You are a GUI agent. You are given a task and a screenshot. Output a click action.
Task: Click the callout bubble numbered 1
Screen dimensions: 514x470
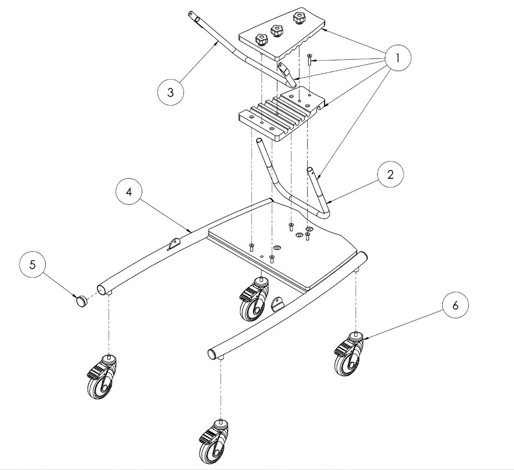pyautogui.click(x=398, y=59)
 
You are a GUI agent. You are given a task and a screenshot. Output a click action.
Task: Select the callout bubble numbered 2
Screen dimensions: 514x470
pyautogui.click(x=390, y=174)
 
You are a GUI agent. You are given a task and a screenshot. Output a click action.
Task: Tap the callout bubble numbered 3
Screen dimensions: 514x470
pyautogui.click(x=170, y=92)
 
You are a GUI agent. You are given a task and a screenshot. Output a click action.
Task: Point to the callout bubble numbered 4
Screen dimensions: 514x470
pyautogui.click(x=129, y=192)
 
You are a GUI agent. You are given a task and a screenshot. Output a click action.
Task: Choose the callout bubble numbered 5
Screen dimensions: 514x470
pyautogui.click(x=32, y=264)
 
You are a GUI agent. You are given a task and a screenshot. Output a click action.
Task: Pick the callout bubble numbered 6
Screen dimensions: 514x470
pyautogui.click(x=455, y=305)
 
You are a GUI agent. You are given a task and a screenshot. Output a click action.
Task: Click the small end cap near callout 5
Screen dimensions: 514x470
pyautogui.click(x=81, y=300)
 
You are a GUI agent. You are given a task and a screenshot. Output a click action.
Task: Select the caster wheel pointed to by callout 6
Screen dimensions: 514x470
pyautogui.click(x=348, y=354)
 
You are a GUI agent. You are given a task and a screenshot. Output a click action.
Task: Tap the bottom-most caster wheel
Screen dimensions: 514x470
pyautogui.click(x=214, y=441)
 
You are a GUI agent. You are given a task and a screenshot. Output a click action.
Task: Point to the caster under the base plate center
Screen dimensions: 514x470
pyautogui.click(x=255, y=299)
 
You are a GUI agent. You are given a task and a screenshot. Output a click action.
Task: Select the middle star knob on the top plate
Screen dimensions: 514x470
pyautogui.click(x=277, y=31)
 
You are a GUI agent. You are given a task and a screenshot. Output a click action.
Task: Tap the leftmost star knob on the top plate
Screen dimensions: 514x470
pyautogui.click(x=261, y=40)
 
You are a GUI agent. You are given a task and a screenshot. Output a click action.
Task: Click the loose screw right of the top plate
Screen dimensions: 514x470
pyautogui.click(x=309, y=60)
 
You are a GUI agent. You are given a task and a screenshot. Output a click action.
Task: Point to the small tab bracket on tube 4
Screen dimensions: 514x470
pyautogui.click(x=174, y=244)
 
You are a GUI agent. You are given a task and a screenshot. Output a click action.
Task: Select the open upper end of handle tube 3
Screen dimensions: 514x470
pyautogui.click(x=190, y=14)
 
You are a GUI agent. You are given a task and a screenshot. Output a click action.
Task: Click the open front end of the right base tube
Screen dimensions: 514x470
pyautogui.click(x=213, y=354)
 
